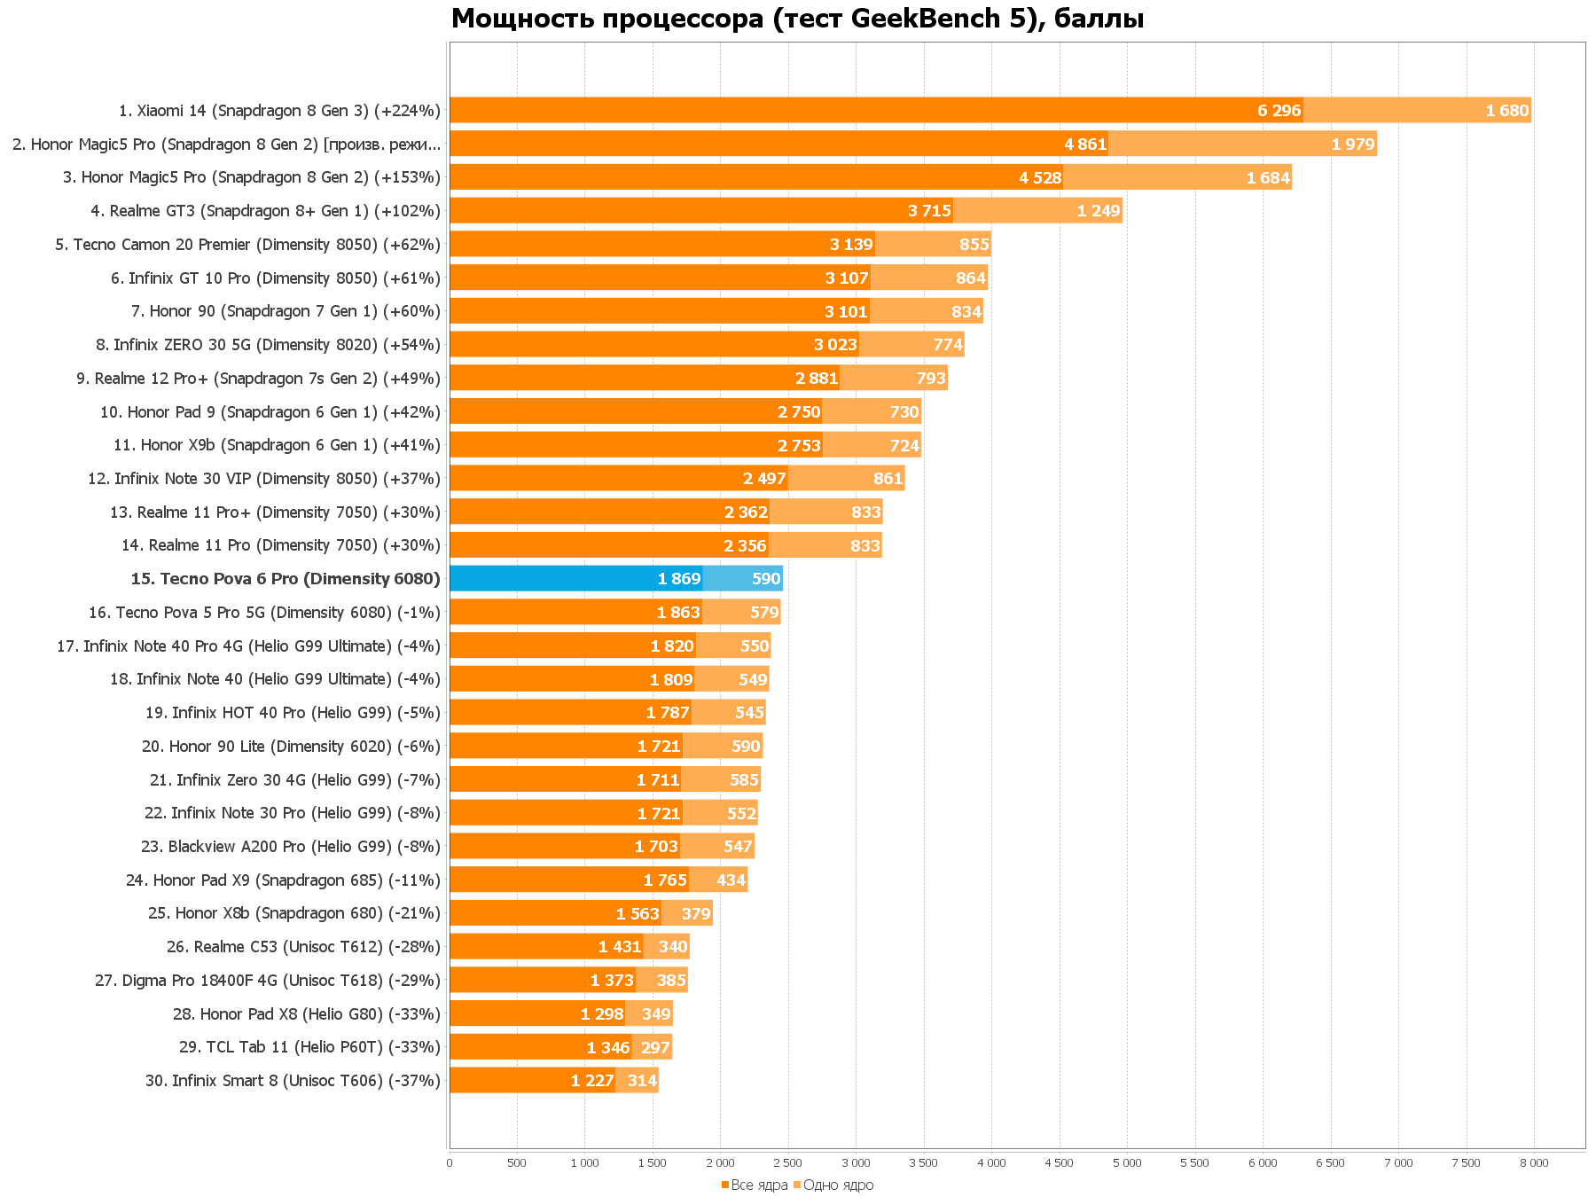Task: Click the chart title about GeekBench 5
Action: coord(797,18)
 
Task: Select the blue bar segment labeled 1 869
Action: coord(576,579)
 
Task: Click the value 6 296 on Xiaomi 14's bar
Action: coord(1279,111)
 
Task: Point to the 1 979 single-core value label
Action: coord(1352,145)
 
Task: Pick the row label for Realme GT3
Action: coord(265,211)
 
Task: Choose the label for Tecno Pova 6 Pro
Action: coord(286,579)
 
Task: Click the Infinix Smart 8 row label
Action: coord(293,1081)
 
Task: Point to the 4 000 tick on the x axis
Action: coord(991,1163)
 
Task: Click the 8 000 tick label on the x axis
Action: coord(1534,1163)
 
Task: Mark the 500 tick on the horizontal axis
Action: coord(516,1163)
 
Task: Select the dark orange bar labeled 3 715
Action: coord(700,211)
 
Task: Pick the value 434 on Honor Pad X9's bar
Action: coord(731,880)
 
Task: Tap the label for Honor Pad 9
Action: coord(270,412)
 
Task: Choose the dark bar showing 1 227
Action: coord(532,1081)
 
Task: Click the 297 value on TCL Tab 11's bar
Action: coord(654,1047)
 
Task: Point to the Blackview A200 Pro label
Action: coord(290,847)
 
